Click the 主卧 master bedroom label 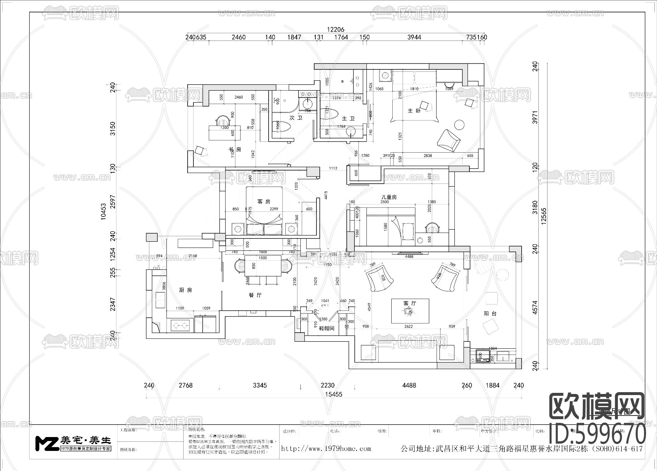[414, 111]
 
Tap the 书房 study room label [235, 149]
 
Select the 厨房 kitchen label [185, 290]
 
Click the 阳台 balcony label [490, 313]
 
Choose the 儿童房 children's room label [389, 197]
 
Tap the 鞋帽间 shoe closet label [327, 328]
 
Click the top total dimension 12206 [335, 30]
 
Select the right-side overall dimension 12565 [544, 217]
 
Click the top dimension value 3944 [414, 37]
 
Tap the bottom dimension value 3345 [260, 385]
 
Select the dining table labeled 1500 [262, 266]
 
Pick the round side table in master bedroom [459, 125]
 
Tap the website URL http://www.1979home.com [326, 449]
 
